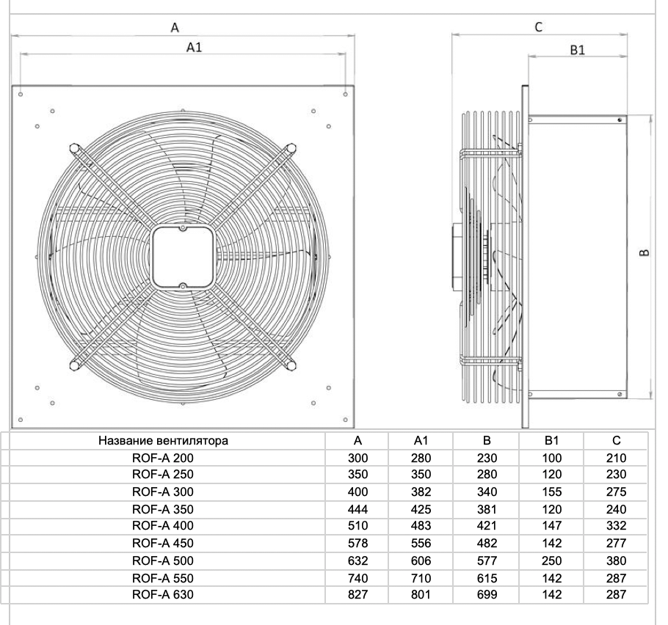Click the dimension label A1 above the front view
(195, 47)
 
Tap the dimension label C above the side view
(539, 27)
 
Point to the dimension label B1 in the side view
(577, 50)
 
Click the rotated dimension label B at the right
(645, 252)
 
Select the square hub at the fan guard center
(183, 257)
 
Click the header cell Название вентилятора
(163, 440)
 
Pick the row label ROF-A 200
(163, 458)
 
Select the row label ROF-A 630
(163, 594)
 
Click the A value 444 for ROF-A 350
(358, 509)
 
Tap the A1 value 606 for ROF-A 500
(421, 560)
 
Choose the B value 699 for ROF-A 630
(487, 594)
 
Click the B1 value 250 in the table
(552, 560)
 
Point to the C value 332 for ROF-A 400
(616, 525)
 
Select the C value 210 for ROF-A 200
(616, 458)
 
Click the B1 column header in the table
(552, 440)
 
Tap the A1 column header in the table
(421, 440)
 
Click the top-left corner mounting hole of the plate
(21, 94)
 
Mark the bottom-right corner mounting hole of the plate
(346, 420)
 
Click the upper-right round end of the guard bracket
(291, 148)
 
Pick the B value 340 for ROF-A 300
(487, 491)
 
